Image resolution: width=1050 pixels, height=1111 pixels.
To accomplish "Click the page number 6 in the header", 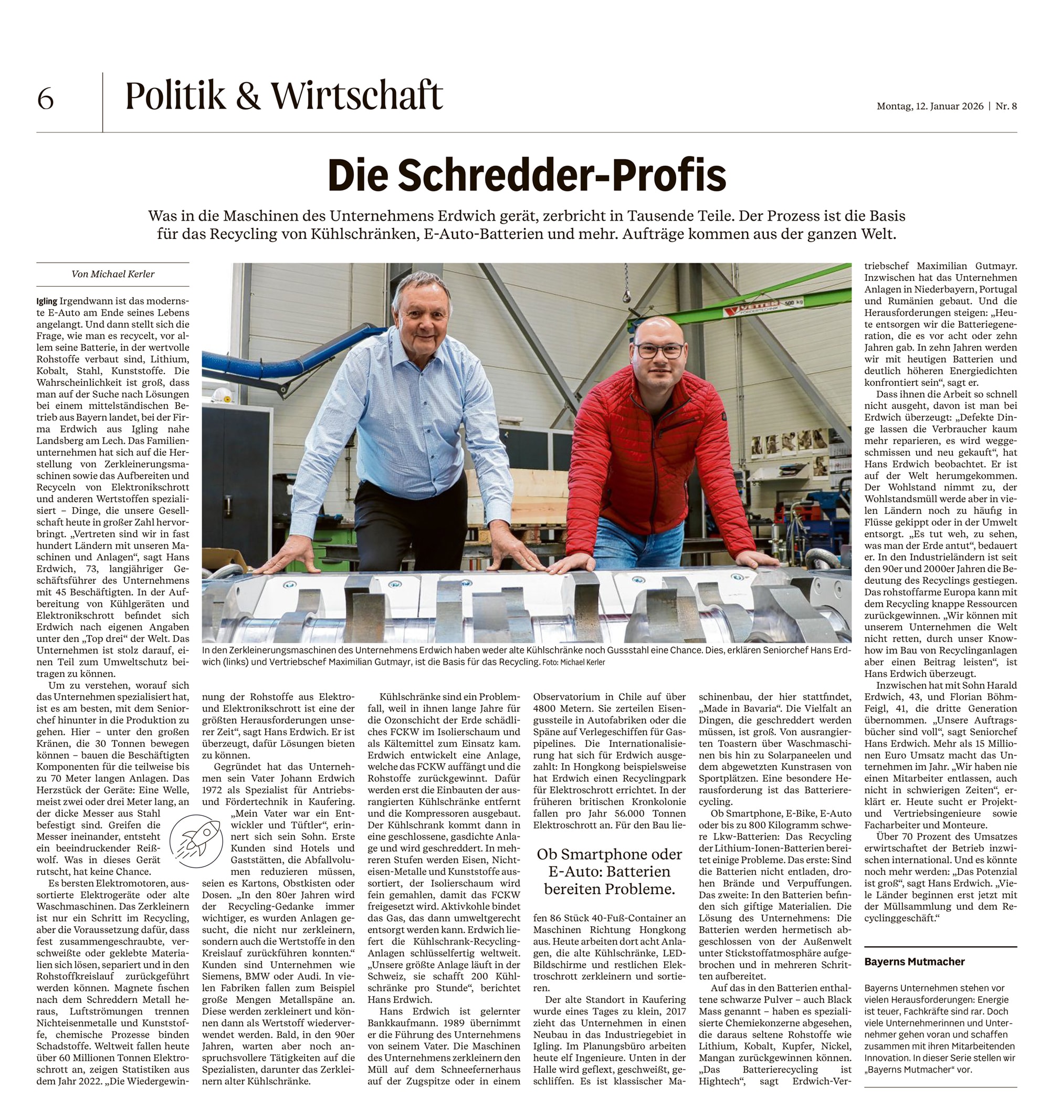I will pyautogui.click(x=45, y=99).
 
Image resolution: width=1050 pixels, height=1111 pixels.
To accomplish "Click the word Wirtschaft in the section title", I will pyautogui.click(x=356, y=96).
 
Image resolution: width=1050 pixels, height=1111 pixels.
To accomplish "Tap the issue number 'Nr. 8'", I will pyautogui.click(x=1006, y=107).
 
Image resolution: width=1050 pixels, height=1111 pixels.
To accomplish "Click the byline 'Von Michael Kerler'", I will pyautogui.click(x=113, y=274).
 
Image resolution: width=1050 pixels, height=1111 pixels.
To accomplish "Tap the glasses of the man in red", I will pyautogui.click(x=660, y=350).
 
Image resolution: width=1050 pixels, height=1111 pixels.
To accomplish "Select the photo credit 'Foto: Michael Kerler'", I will pyautogui.click(x=573, y=662).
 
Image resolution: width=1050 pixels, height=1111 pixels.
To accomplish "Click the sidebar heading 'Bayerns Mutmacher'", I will pyautogui.click(x=914, y=961).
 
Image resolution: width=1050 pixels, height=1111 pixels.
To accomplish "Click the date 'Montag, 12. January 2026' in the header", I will pyautogui.click(x=930, y=107).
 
